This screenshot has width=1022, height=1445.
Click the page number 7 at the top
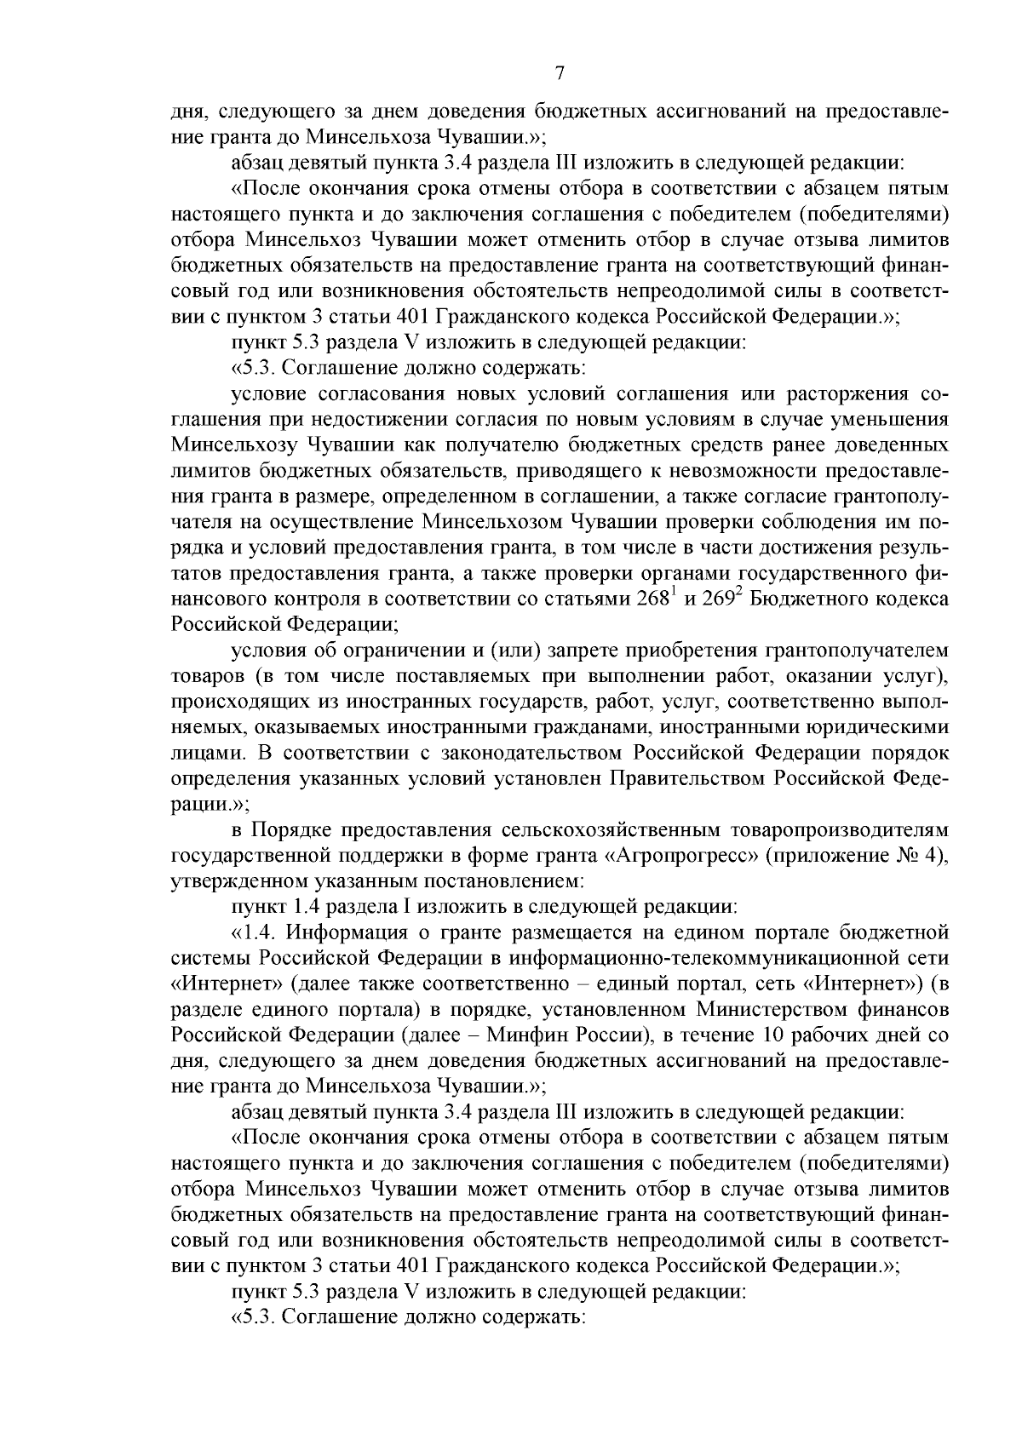pos(559,73)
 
